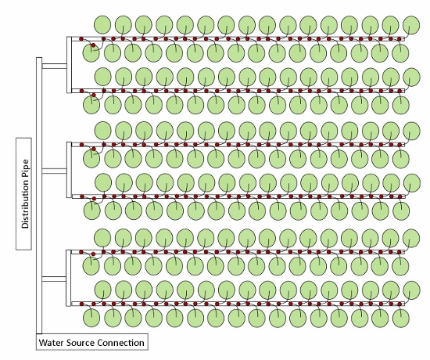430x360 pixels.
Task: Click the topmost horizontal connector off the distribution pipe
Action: tap(54, 67)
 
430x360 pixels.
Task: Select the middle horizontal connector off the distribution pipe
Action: tap(54, 171)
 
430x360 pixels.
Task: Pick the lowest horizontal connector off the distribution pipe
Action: tap(54, 279)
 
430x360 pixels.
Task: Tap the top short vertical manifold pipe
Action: tap(69, 65)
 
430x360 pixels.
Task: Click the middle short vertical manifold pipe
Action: tap(69, 170)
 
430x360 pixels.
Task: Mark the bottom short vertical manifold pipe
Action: tap(69, 278)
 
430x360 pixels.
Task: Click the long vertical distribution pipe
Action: tap(39, 196)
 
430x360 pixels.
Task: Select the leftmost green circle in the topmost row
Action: tap(102, 24)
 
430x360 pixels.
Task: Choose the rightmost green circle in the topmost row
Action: tap(411, 24)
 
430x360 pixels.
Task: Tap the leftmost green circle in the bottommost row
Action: tap(91, 318)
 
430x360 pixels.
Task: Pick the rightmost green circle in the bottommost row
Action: tap(401, 318)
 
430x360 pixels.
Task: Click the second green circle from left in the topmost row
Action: tap(123, 24)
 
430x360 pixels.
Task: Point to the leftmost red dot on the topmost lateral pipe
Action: tap(81, 39)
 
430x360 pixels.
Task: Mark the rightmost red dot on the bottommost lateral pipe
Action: tap(400, 304)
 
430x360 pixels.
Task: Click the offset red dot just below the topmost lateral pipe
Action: tap(94, 45)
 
